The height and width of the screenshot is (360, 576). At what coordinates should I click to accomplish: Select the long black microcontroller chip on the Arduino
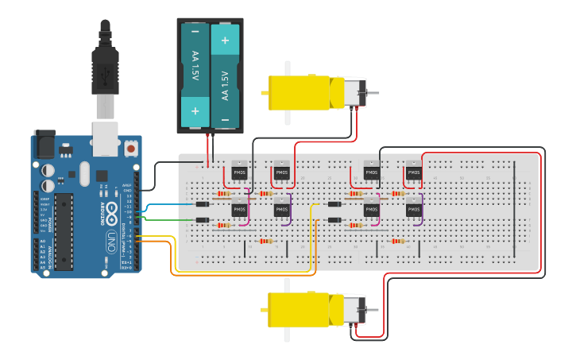[x=64, y=230]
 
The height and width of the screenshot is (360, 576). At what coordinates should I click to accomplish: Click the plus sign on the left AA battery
[x=195, y=110]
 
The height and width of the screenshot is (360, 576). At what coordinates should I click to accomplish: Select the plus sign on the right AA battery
[x=225, y=39]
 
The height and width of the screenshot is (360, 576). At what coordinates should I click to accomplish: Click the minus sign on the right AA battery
[x=225, y=119]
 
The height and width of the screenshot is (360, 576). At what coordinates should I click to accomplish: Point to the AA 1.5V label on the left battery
[x=195, y=72]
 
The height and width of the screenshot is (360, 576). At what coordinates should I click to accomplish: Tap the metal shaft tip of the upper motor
[x=374, y=93]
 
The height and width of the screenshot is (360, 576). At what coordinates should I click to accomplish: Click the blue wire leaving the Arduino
[x=171, y=205]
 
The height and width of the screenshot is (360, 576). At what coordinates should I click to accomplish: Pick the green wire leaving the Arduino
[x=171, y=219]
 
